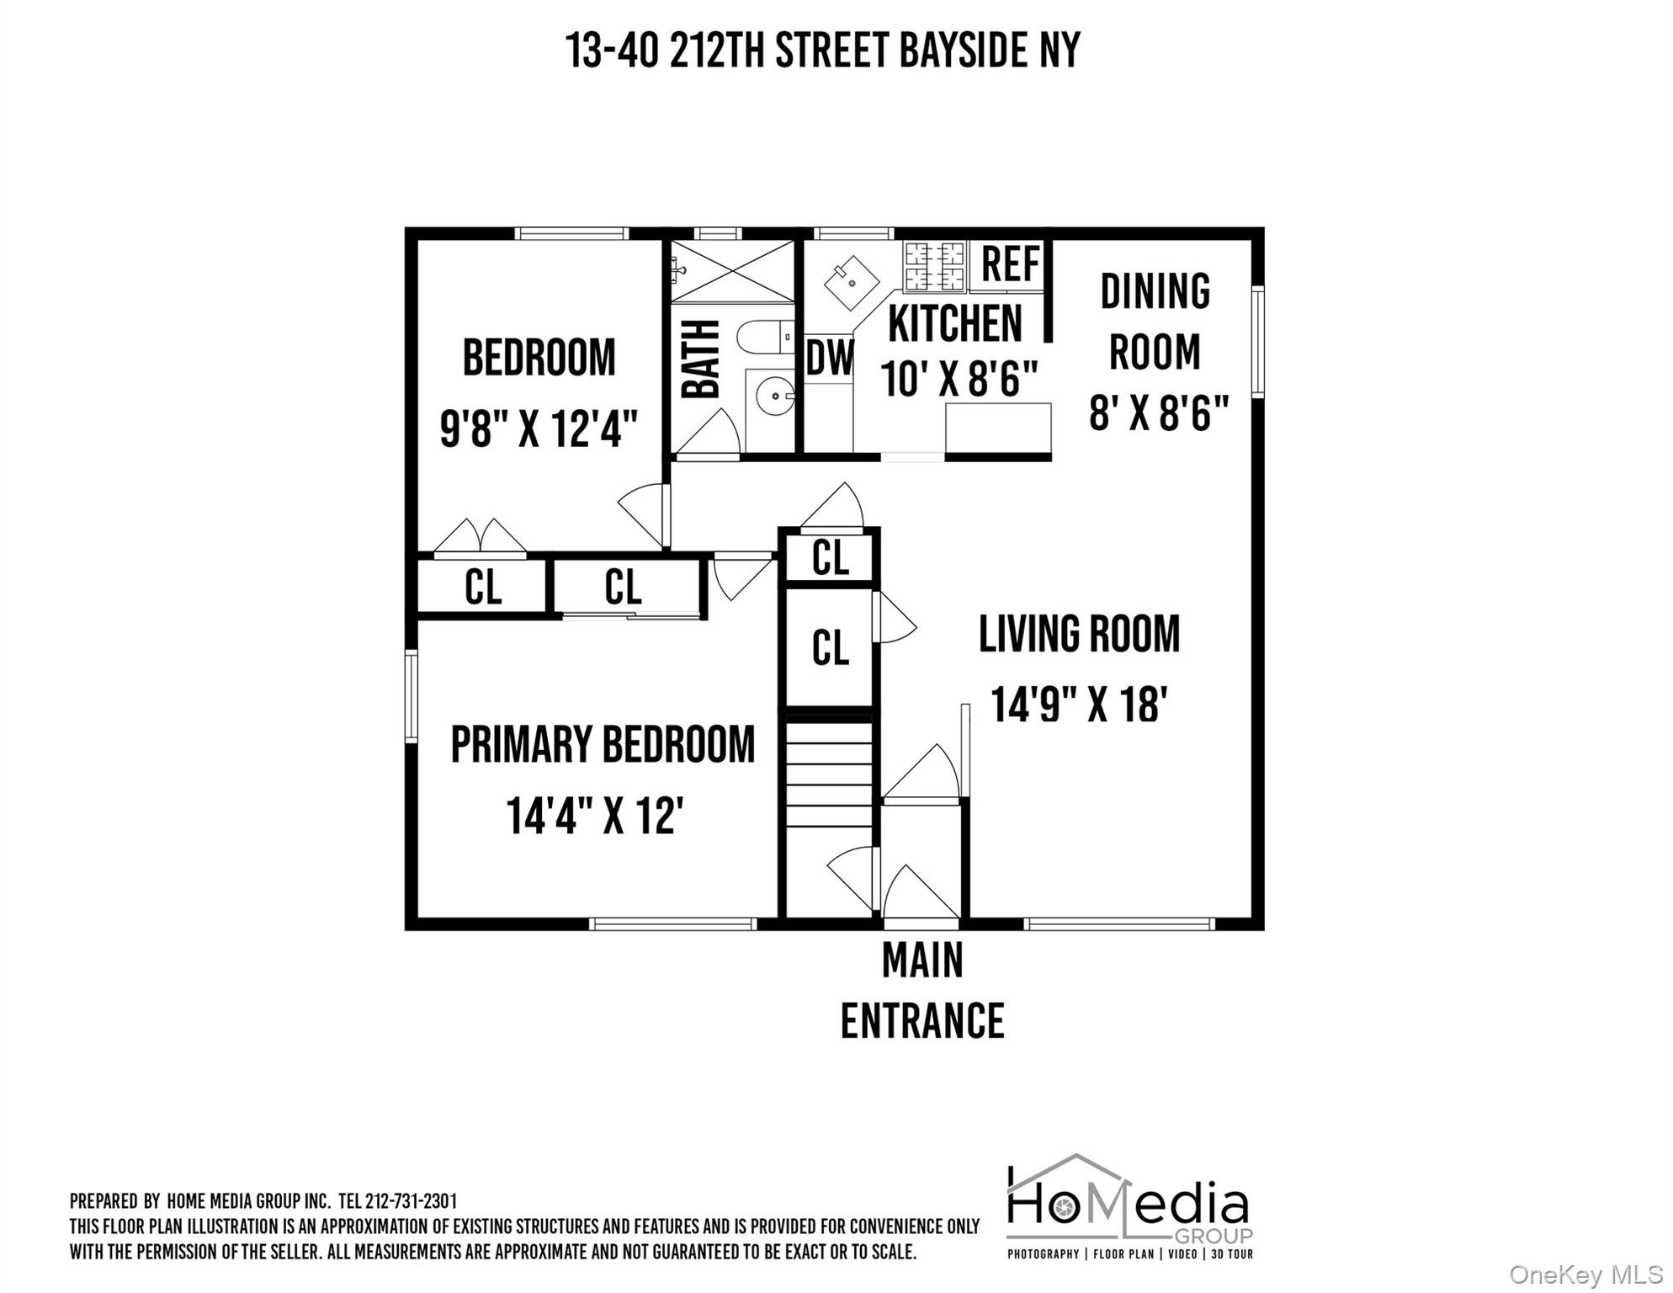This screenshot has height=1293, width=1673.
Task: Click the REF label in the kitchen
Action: pos(1010,264)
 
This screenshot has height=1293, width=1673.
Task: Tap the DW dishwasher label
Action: pos(829,359)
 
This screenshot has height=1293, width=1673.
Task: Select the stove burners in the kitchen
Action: pos(934,265)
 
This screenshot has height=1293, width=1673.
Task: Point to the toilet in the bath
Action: pos(764,338)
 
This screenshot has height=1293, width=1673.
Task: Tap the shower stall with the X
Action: pos(732,271)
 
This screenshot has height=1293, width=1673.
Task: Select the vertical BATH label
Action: pos(701,359)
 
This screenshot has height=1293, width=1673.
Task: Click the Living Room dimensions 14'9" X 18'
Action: pos(1079,703)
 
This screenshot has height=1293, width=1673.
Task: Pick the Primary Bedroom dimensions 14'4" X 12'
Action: pos(594,815)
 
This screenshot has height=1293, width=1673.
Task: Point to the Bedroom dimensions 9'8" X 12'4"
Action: pos(539,428)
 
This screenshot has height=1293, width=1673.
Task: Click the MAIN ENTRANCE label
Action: pos(922,992)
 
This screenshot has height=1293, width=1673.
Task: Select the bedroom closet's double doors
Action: pos(480,536)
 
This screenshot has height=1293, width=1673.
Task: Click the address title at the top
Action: pos(822,51)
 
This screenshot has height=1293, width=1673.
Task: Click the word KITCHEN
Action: pos(954,324)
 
